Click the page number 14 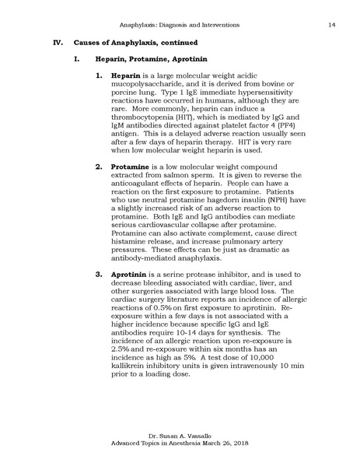pyautogui.click(x=331, y=26)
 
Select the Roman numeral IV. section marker pyautogui.click(x=57, y=41)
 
